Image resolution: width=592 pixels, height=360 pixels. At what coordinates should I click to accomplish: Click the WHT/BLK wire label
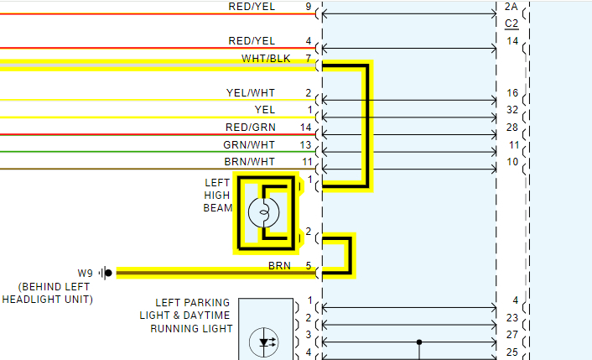(267, 59)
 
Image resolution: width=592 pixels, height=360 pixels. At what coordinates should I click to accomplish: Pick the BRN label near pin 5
(279, 266)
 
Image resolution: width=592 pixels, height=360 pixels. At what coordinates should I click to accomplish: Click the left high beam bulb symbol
(263, 213)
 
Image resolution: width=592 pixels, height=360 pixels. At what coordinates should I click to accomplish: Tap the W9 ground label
(85, 273)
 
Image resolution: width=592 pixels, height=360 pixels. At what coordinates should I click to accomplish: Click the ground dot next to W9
(108, 273)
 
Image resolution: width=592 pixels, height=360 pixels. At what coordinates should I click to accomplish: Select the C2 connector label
(512, 23)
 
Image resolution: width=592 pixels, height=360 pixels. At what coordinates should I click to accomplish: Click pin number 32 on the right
(512, 110)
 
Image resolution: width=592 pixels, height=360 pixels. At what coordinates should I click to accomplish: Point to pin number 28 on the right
(512, 127)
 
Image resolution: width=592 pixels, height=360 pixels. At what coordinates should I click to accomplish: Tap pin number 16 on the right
(512, 92)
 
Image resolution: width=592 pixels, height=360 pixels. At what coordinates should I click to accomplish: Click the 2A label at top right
(512, 7)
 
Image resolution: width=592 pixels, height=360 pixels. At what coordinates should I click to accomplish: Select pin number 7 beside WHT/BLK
(309, 59)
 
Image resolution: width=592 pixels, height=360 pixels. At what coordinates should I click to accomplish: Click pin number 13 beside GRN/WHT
(306, 144)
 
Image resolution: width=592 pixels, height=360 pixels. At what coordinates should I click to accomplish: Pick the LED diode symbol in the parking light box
(267, 342)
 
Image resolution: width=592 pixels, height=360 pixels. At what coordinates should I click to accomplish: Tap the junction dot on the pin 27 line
(418, 342)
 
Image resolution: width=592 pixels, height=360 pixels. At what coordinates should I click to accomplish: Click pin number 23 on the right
(512, 318)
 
